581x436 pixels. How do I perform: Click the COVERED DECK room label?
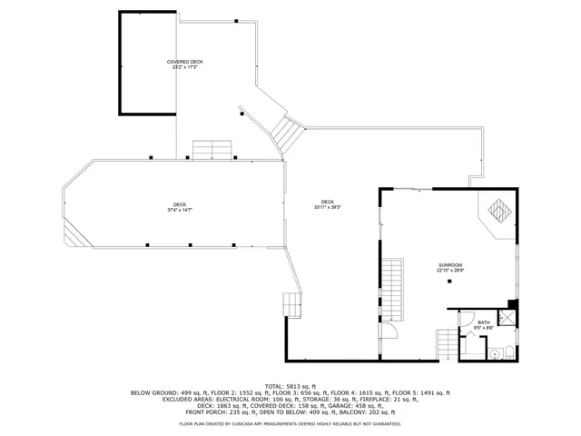(x=185, y=62)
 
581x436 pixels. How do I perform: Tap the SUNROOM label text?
(x=450, y=264)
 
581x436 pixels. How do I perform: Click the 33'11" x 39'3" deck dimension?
(x=327, y=207)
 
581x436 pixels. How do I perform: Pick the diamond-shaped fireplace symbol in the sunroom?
(x=497, y=211)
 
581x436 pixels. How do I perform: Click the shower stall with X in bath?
(x=507, y=319)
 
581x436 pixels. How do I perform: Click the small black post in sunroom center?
(x=448, y=282)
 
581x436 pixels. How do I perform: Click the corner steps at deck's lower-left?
(x=72, y=235)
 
